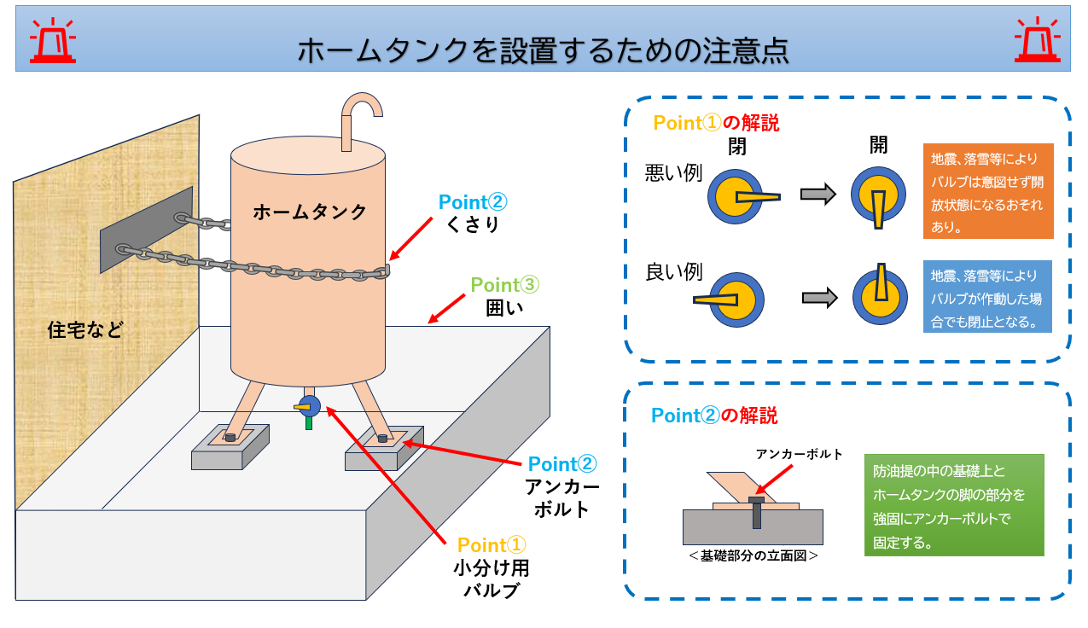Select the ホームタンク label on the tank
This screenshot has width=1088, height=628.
(310, 212)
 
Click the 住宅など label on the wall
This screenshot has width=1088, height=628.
(85, 330)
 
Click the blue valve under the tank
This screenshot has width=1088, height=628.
(310, 406)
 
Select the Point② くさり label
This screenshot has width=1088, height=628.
(472, 212)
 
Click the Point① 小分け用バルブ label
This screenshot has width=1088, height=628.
(492, 567)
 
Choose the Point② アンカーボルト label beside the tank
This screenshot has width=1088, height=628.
(561, 486)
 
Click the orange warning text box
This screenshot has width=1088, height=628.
(988, 191)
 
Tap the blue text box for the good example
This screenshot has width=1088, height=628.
(986, 296)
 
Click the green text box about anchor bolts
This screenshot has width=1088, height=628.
(953, 505)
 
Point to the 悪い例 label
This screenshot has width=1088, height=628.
(673, 174)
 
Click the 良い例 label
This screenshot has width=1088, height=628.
(673, 273)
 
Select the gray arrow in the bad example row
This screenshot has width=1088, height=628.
(817, 195)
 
